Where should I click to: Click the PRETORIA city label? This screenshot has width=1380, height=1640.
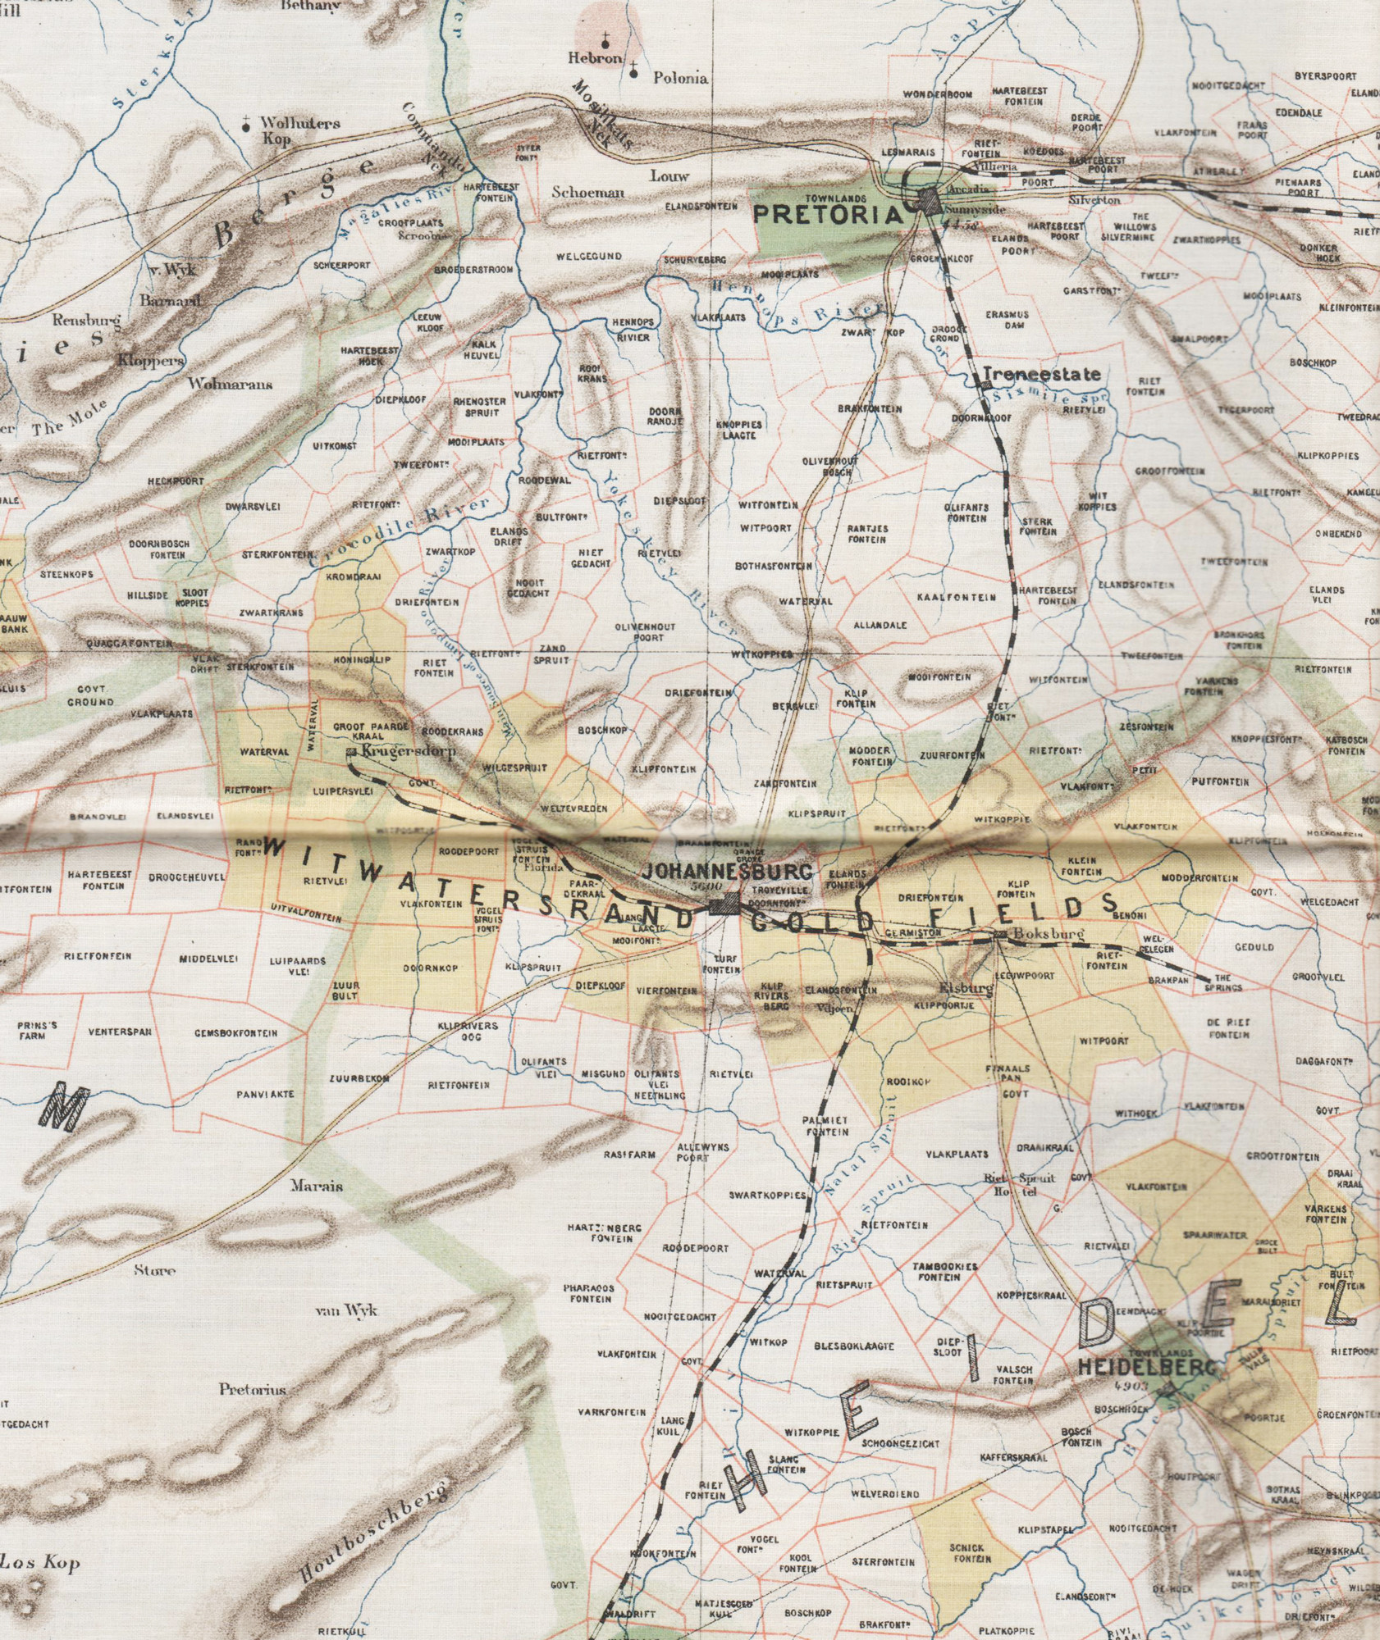pyautogui.click(x=828, y=215)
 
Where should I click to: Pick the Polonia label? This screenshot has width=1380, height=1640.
pyautogui.click(x=679, y=79)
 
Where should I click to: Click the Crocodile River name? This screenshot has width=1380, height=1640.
pyautogui.click(x=400, y=532)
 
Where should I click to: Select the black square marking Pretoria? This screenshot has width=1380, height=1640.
pyautogui.click(x=929, y=199)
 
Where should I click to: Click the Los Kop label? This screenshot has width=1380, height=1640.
pyautogui.click(x=41, y=1563)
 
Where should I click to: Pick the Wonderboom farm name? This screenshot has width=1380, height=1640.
pyautogui.click(x=938, y=94)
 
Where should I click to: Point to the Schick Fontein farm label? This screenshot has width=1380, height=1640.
pyautogui.click(x=968, y=1553)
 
